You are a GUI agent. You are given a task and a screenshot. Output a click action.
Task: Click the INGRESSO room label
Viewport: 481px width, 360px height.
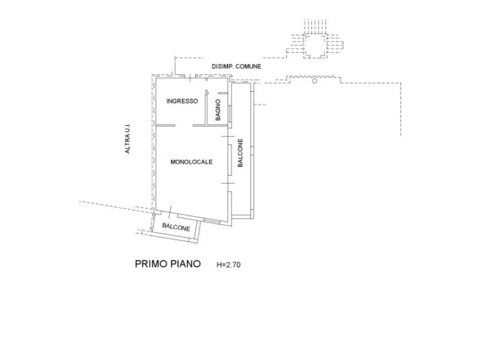click(x=182, y=101)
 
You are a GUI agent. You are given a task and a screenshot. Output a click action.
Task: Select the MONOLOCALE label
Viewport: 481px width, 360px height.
click(x=190, y=162)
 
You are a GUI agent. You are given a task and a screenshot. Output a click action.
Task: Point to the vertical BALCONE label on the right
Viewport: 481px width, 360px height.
click(x=241, y=154)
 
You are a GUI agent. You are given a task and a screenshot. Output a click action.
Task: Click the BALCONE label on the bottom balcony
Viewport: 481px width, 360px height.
click(x=177, y=227)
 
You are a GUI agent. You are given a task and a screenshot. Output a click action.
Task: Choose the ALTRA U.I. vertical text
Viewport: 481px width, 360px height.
click(x=128, y=139)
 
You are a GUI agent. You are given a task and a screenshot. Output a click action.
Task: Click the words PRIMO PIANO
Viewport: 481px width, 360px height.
click(x=167, y=264)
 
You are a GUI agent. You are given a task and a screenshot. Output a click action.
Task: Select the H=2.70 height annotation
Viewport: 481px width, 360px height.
click(x=229, y=265)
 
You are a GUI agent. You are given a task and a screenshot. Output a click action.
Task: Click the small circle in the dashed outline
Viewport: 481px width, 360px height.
click(x=315, y=81)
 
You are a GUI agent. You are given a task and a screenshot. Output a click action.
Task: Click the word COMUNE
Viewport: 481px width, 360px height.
click(x=248, y=66)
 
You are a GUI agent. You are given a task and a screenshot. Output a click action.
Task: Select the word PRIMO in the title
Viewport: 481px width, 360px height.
click(x=149, y=264)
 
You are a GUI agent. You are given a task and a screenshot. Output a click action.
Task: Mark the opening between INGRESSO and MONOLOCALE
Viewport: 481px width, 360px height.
click(x=185, y=125)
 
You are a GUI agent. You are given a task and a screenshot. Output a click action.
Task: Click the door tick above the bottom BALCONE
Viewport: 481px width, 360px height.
click(x=170, y=209)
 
